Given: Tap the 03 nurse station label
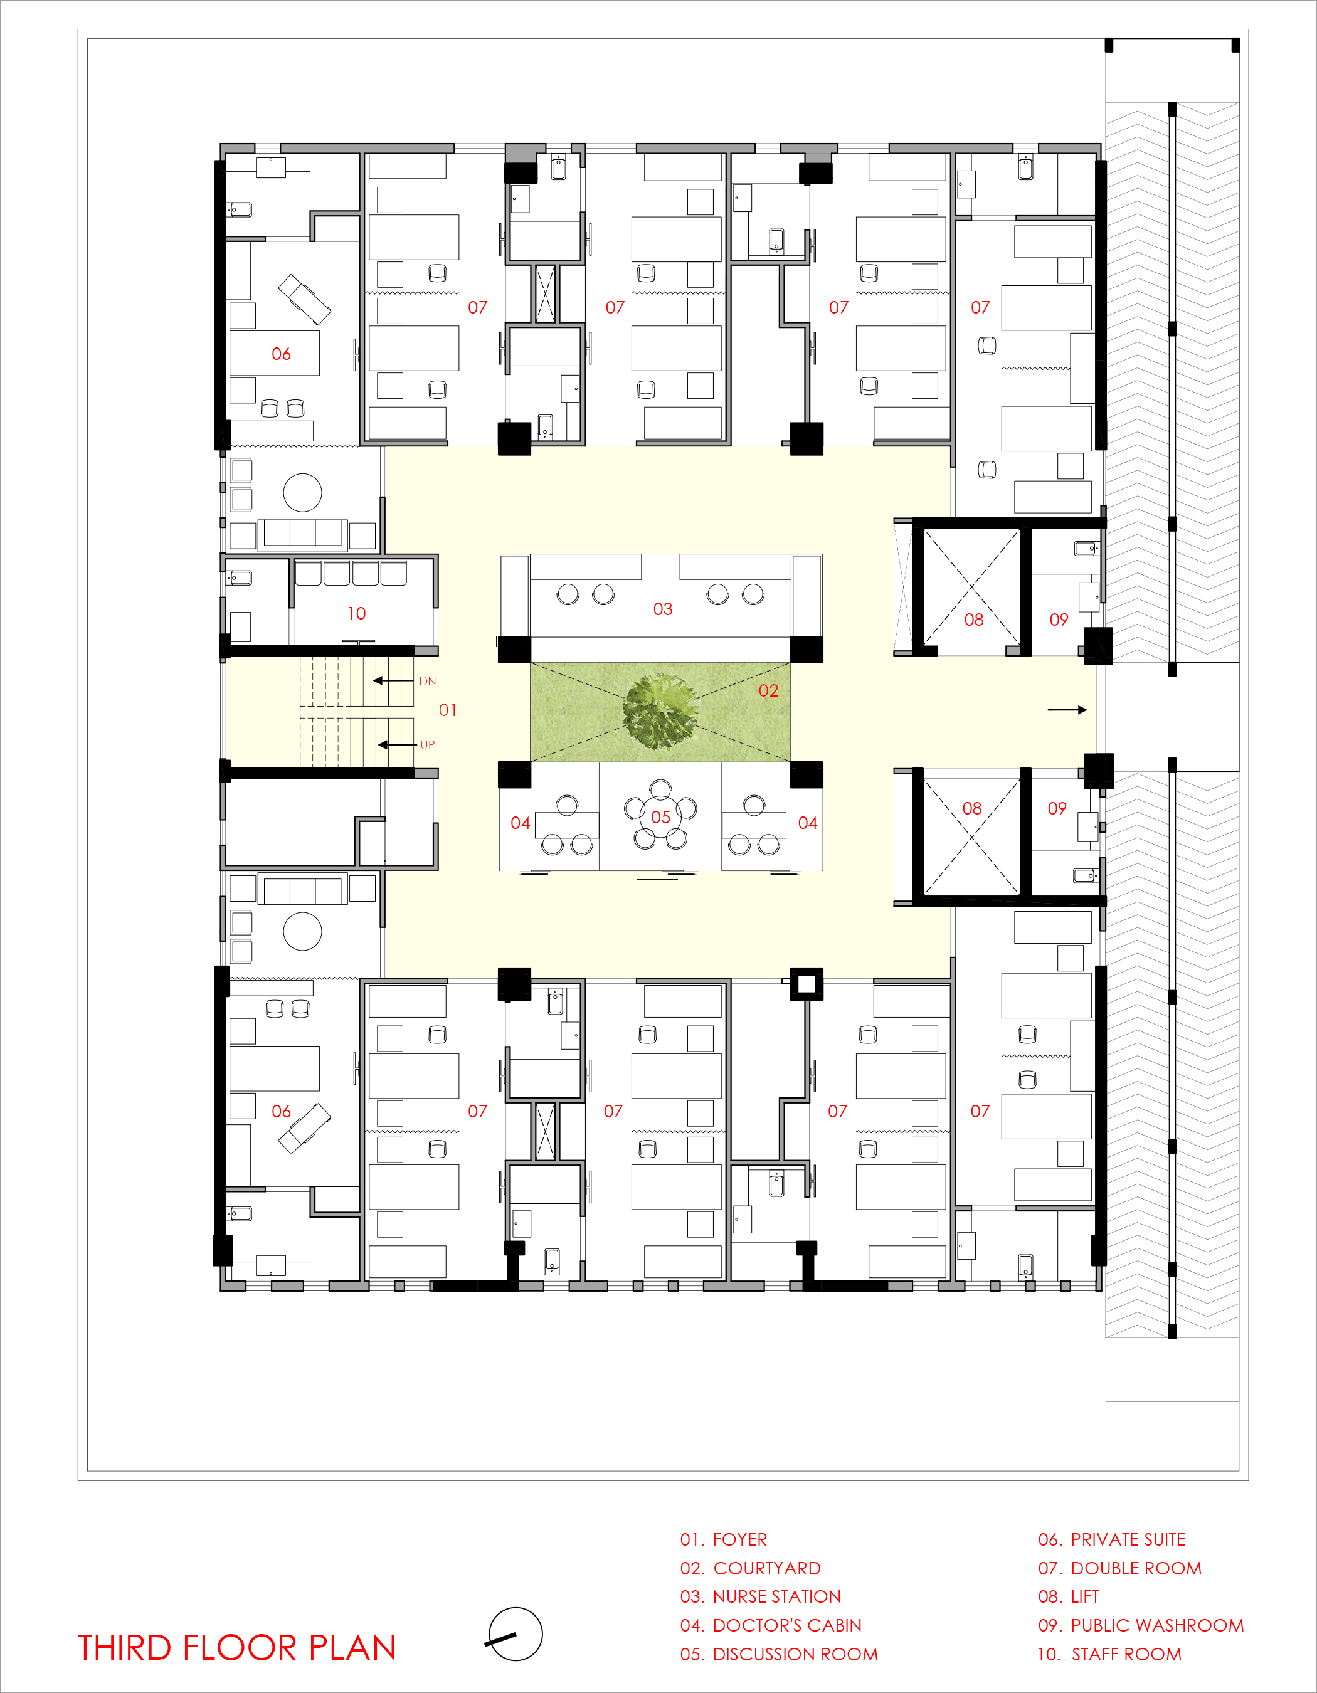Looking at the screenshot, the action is [x=663, y=609].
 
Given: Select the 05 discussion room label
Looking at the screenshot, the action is [x=660, y=817].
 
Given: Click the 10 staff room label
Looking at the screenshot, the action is [x=357, y=613].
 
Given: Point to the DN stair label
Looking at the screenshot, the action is [x=427, y=682].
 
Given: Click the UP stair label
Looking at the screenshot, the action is [x=427, y=745].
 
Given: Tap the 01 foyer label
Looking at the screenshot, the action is [x=448, y=710].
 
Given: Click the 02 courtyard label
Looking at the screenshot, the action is [x=768, y=691].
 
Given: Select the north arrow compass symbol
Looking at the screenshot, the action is [x=515, y=1634].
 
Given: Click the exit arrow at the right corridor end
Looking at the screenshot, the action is [x=1067, y=710].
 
